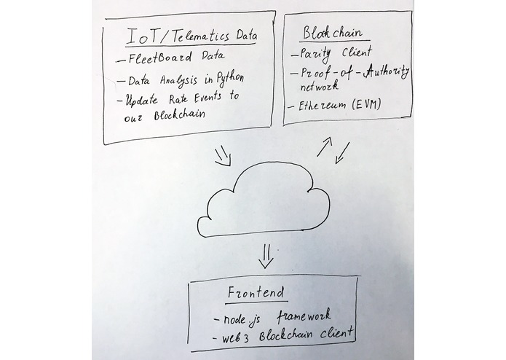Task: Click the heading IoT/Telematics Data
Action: [x=191, y=36]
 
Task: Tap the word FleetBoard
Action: [x=160, y=58]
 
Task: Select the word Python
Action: [x=230, y=79]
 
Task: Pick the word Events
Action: [x=208, y=97]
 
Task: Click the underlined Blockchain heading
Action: [x=333, y=33]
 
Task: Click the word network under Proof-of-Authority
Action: [x=319, y=86]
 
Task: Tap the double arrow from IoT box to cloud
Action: [x=223, y=156]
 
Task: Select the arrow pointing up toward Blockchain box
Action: [x=325, y=146]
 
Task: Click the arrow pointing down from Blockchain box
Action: [x=342, y=153]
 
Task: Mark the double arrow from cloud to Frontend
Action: [x=266, y=256]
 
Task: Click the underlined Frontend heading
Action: [x=256, y=292]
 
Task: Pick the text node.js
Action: [x=242, y=319]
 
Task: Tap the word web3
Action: [x=235, y=338]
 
